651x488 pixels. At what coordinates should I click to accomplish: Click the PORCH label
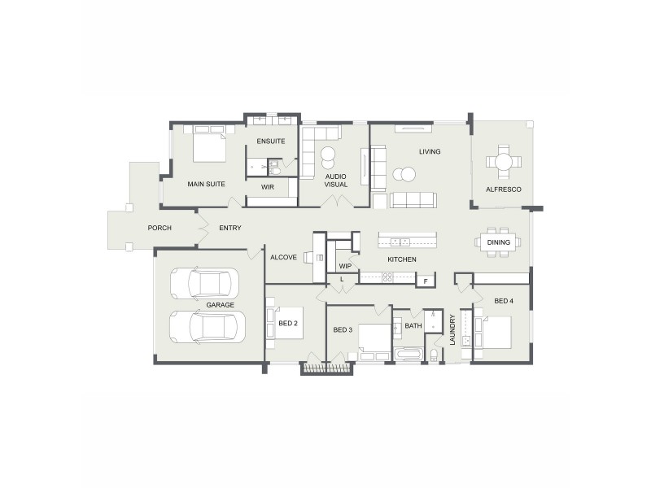click(159, 228)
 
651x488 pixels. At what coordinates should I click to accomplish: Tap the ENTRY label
click(230, 228)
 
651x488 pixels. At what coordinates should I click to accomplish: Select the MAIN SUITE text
click(206, 184)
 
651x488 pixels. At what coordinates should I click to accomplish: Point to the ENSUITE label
click(270, 142)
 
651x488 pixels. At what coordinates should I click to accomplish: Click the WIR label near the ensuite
click(268, 187)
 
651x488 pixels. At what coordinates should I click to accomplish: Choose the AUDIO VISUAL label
click(336, 180)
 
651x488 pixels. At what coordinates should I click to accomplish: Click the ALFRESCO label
click(503, 190)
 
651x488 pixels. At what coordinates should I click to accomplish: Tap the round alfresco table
click(503, 161)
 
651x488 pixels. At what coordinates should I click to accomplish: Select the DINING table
click(499, 242)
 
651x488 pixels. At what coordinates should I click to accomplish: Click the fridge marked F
click(425, 281)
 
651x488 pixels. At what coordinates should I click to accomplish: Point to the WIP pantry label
click(345, 266)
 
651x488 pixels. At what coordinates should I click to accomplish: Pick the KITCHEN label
click(402, 259)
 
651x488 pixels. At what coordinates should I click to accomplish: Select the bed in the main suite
click(209, 146)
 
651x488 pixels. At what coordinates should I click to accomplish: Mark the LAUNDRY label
click(452, 330)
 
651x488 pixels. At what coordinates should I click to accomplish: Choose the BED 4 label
click(503, 301)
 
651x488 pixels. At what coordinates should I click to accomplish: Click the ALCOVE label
click(283, 257)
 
